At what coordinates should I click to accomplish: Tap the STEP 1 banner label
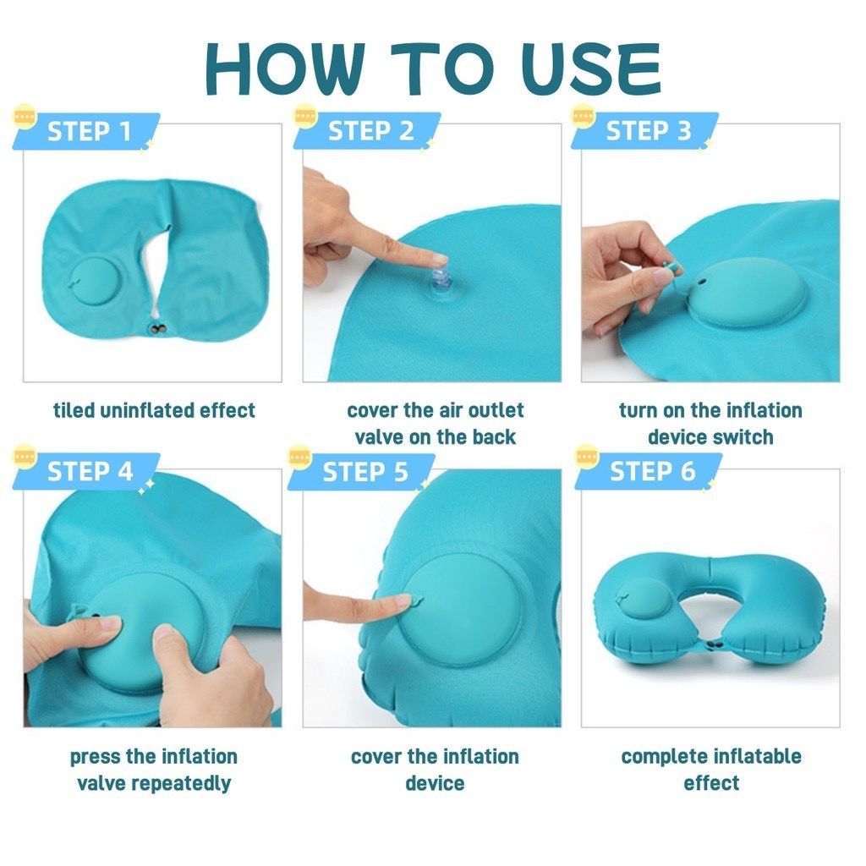pos(89,131)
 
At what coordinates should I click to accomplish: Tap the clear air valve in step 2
pos(441,282)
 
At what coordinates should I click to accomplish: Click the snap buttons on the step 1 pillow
pos(158,330)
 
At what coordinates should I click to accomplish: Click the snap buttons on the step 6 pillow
pos(713,644)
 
